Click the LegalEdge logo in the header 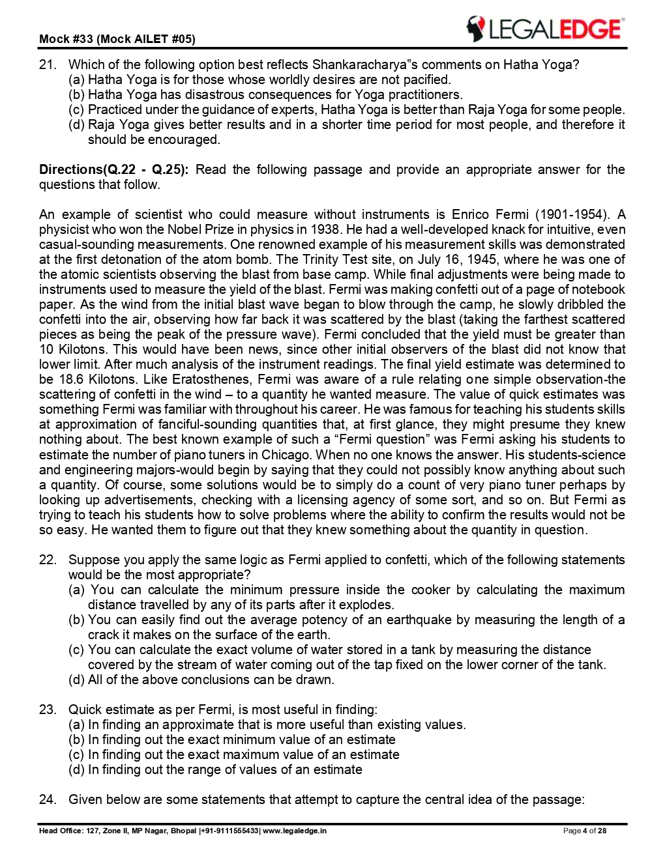click(x=544, y=29)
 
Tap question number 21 click(x=47, y=64)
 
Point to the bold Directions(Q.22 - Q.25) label click(x=113, y=169)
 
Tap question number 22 click(x=47, y=560)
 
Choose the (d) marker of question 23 click(x=76, y=769)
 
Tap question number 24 click(x=47, y=799)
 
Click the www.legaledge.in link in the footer click(x=295, y=831)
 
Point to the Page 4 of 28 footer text click(x=585, y=831)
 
